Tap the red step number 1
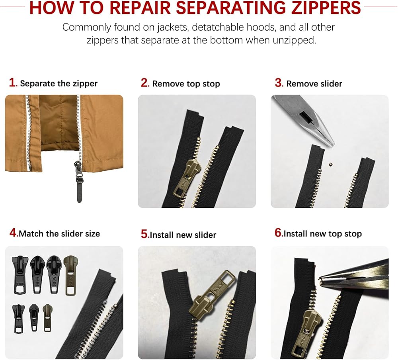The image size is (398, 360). point(12,82)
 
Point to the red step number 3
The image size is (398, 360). point(279,83)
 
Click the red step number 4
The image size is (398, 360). point(13,232)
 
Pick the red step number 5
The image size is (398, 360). point(144,234)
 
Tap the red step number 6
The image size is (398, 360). point(278,233)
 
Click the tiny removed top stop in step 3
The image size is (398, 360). point(330,164)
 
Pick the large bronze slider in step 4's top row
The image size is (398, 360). point(70,276)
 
